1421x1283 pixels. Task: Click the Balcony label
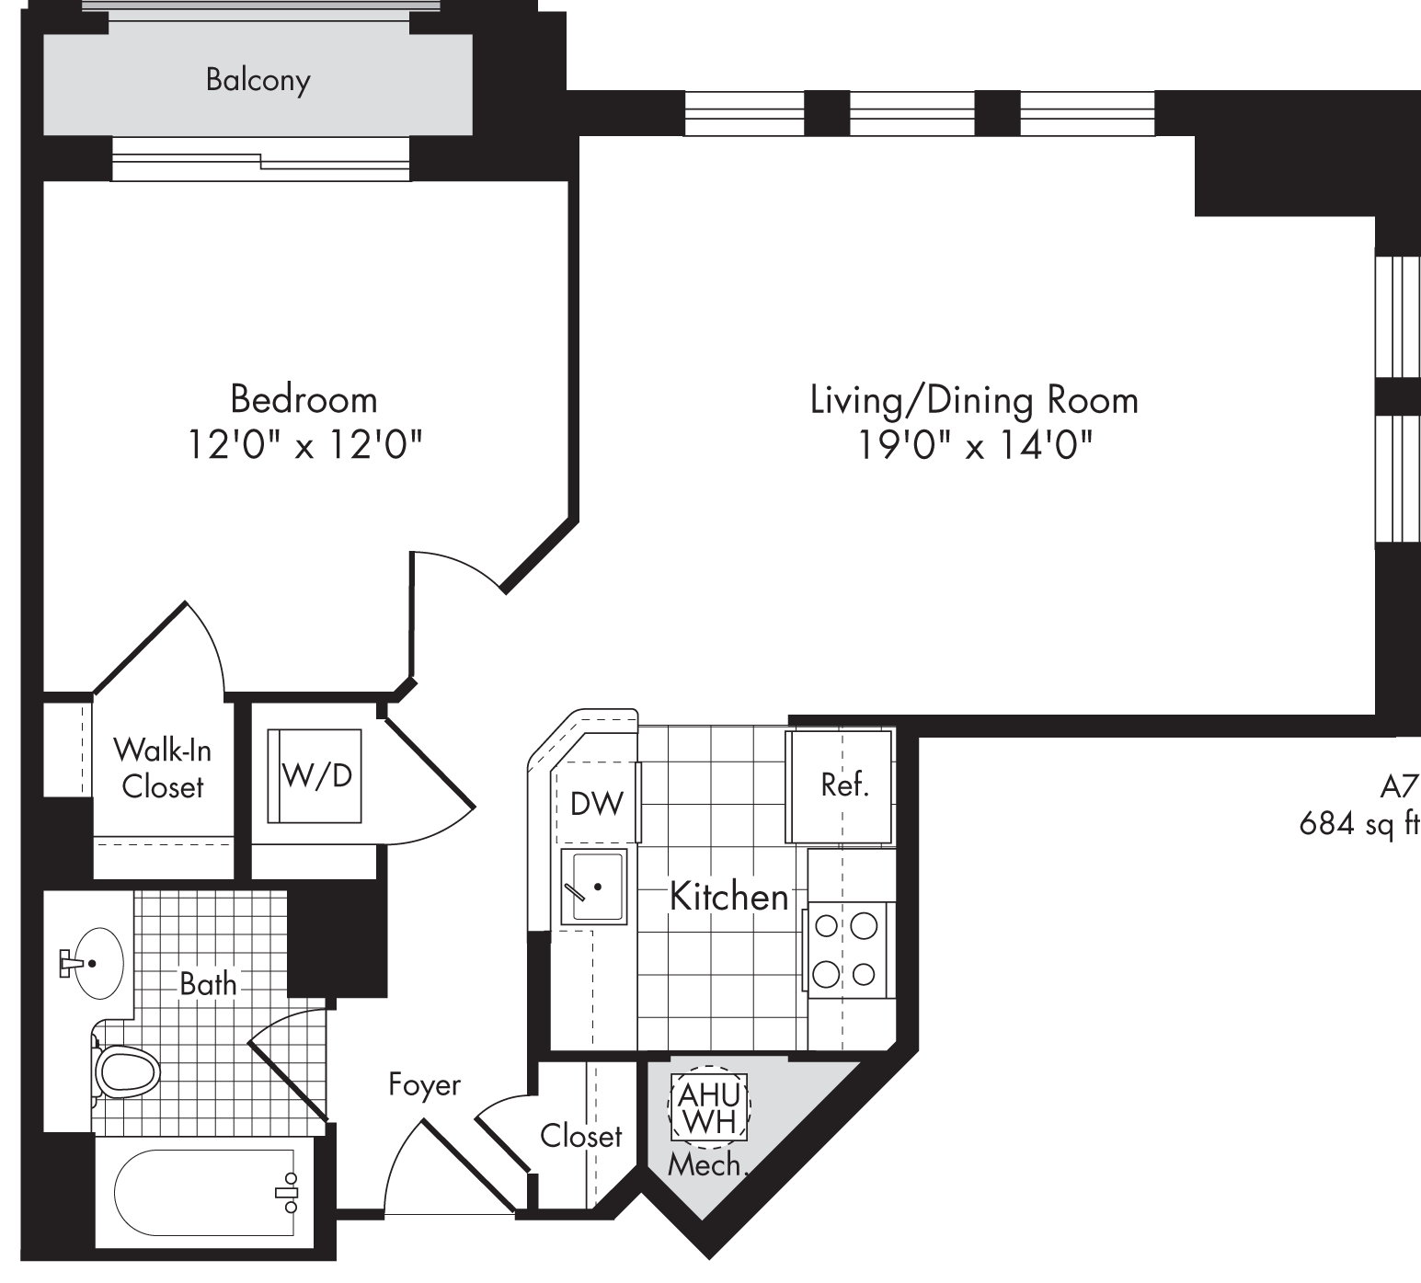click(x=258, y=80)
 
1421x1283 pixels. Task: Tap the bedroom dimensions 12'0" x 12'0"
click(x=304, y=445)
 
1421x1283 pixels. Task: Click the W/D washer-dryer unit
click(x=315, y=775)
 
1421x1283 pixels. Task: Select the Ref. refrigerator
click(x=839, y=785)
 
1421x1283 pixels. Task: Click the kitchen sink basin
click(x=594, y=887)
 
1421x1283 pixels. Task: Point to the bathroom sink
click(x=96, y=964)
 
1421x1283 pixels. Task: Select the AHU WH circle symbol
click(x=709, y=1107)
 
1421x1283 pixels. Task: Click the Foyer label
click(x=424, y=1085)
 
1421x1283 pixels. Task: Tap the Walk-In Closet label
click(x=162, y=768)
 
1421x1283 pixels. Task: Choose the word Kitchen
click(x=728, y=896)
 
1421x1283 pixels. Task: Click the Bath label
click(x=208, y=984)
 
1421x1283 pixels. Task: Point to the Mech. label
click(x=706, y=1165)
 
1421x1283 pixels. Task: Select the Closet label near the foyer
click(x=581, y=1136)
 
